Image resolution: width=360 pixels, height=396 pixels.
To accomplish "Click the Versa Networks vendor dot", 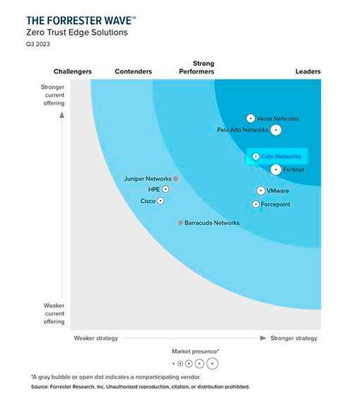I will click(x=250, y=119).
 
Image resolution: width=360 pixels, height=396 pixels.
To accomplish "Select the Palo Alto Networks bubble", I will click(x=276, y=130).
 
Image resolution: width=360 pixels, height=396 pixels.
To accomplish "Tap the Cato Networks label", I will click(x=281, y=156).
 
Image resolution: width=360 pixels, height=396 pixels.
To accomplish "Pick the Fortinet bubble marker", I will click(x=276, y=169).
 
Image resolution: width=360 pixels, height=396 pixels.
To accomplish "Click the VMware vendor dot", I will click(x=260, y=191).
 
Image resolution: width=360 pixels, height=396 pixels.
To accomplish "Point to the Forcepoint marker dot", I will click(x=255, y=204).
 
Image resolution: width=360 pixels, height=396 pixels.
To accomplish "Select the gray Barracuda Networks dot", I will click(x=180, y=223).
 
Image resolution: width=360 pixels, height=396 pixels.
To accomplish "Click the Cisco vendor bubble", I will click(x=161, y=201).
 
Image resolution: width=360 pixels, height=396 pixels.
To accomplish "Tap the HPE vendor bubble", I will click(x=166, y=190).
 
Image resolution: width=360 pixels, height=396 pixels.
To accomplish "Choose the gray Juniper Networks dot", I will click(x=175, y=179).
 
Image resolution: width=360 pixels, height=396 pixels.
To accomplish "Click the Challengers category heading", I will click(x=73, y=71).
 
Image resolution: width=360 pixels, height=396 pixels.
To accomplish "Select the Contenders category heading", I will click(x=133, y=71).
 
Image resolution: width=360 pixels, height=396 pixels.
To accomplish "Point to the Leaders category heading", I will click(x=308, y=71).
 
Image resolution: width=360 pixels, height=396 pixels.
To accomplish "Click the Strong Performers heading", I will click(x=197, y=68).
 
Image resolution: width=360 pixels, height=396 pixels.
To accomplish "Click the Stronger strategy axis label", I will click(x=294, y=338).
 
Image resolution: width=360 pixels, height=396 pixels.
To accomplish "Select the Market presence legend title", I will click(x=195, y=351).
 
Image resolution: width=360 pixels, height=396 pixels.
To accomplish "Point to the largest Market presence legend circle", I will click(x=212, y=364).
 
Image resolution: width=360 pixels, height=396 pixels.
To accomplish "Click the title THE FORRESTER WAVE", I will click(x=79, y=21).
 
